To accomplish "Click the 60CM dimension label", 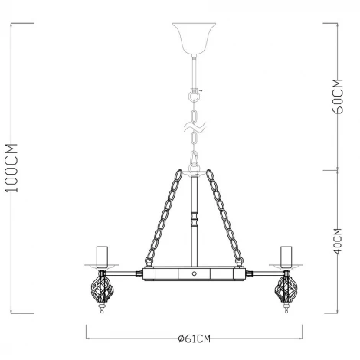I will coord(338,96).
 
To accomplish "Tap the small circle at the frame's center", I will coord(193,273).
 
